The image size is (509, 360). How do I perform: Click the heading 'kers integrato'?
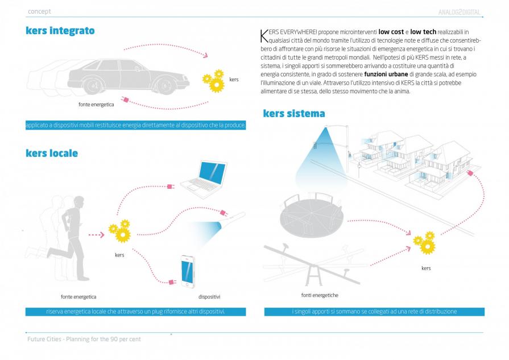(x=60, y=30)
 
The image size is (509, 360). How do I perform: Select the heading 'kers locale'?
(x=52, y=153)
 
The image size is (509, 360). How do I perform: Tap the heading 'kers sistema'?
(x=294, y=113)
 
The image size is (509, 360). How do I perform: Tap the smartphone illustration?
(x=189, y=269)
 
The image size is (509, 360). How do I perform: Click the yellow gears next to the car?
(x=214, y=80)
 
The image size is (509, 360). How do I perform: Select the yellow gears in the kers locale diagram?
(x=120, y=231)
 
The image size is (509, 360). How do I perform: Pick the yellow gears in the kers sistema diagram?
(x=424, y=243)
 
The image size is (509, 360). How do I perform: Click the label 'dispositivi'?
(x=209, y=297)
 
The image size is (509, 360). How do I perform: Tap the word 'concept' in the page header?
(x=39, y=11)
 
